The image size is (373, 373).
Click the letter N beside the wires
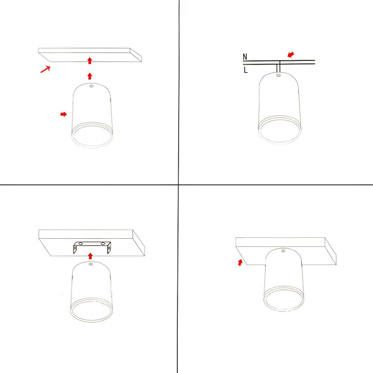tap(245, 57)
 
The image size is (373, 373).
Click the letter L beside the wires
tap(246, 70)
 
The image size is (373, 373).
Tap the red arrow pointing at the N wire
tap(291, 55)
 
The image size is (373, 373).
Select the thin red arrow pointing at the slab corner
tap(45, 69)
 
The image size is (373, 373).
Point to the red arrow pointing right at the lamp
tap(64, 114)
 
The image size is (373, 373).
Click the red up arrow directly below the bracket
tap(90, 256)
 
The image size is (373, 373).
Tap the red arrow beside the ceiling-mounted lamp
tap(240, 262)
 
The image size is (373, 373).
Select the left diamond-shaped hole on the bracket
tap(81, 243)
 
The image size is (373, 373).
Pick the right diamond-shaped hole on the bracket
tap(103, 243)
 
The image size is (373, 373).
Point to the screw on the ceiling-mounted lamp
tap(283, 251)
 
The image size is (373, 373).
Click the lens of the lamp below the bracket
tap(91, 312)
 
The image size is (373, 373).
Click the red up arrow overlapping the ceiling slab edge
tap(90, 61)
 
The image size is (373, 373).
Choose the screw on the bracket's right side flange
tap(109, 247)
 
